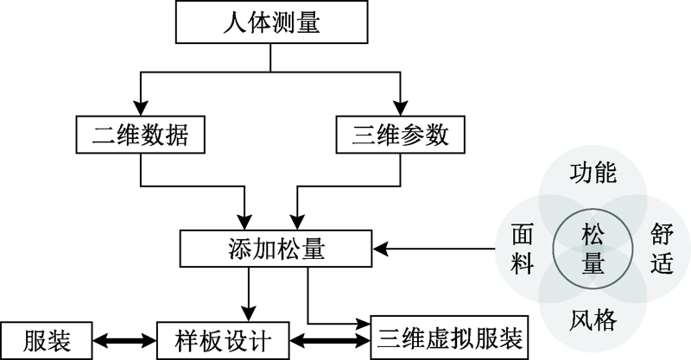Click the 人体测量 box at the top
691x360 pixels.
(270, 22)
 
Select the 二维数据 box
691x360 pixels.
(141, 136)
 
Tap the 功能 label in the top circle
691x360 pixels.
(593, 174)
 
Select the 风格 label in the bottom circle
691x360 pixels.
(593, 321)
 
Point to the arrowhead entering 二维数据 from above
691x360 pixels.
(141, 107)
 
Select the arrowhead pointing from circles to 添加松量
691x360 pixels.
(382, 249)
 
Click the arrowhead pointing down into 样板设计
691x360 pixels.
(248, 312)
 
